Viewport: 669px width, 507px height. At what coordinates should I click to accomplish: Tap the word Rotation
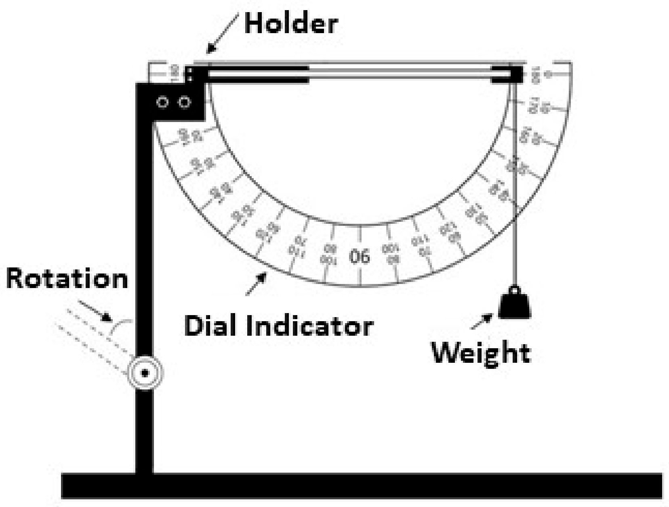[x=67, y=279]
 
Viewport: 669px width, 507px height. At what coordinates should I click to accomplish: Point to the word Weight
[x=481, y=354]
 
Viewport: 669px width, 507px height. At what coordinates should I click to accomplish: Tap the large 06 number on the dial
[x=359, y=256]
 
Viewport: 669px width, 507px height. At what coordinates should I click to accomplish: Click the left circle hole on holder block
[x=162, y=103]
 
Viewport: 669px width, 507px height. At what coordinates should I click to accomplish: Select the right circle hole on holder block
[x=184, y=103]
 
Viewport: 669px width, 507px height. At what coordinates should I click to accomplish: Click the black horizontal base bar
[x=361, y=486]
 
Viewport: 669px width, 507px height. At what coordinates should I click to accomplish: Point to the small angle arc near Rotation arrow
[x=121, y=326]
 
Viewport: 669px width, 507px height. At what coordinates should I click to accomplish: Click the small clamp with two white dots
[x=189, y=74]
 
